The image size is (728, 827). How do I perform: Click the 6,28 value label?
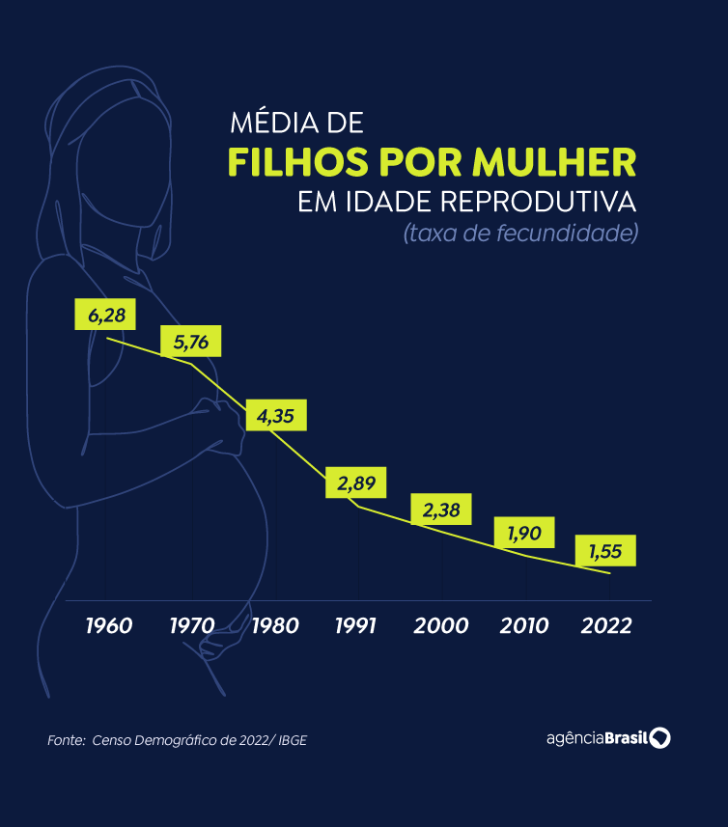coord(105,315)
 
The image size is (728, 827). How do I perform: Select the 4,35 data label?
coord(276,416)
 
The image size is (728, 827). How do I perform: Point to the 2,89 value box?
coord(356,483)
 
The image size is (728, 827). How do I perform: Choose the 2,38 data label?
coord(441,510)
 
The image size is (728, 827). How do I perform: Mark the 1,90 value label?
coord(524,532)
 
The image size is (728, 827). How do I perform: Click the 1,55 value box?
coord(605,551)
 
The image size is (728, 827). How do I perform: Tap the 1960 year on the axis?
coord(108,625)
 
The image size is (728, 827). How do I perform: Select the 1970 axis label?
coord(191,625)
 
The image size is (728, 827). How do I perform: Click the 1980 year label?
coord(275,625)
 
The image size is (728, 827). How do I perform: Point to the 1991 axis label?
coord(356,625)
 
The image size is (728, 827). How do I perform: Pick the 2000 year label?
coord(441,625)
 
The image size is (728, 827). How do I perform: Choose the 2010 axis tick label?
coord(524,625)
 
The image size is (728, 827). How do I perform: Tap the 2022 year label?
coord(607,625)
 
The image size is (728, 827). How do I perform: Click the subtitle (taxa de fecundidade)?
coord(521,234)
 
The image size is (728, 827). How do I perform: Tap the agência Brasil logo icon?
coord(661,738)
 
